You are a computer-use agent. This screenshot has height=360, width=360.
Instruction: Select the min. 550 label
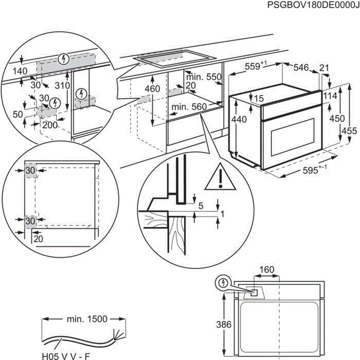[x=205, y=77]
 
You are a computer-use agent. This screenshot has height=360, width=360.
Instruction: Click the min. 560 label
[x=189, y=107]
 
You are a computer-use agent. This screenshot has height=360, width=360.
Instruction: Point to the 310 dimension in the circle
[x=62, y=85]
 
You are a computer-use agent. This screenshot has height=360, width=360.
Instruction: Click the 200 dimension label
[x=49, y=125]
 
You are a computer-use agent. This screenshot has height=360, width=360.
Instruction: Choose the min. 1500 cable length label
[x=87, y=319]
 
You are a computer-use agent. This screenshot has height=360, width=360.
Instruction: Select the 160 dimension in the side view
[x=266, y=269]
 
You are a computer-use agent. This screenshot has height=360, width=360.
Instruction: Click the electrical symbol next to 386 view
[x=223, y=282]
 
